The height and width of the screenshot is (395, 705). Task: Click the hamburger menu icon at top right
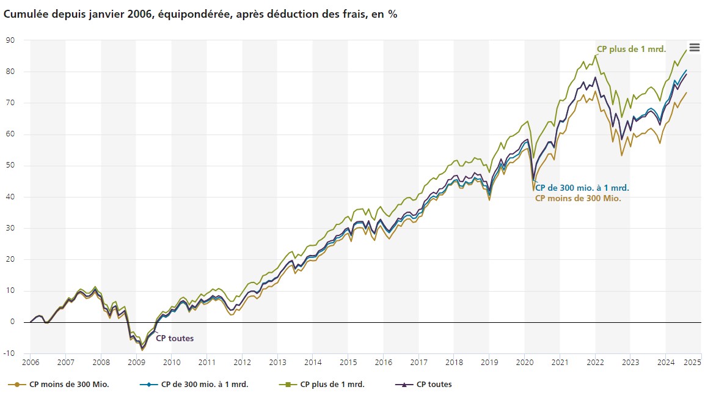click(694, 48)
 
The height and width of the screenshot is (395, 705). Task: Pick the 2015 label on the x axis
click(348, 363)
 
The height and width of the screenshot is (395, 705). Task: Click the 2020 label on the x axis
click(524, 363)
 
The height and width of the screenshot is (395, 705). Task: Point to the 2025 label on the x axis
click(692, 363)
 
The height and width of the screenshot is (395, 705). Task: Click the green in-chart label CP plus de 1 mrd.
click(631, 49)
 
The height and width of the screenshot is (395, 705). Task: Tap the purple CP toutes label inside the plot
click(175, 338)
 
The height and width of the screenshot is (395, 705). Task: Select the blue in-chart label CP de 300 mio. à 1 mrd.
click(582, 188)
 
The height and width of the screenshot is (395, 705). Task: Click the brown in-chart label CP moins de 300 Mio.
click(578, 198)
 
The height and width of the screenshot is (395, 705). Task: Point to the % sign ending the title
click(392, 14)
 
